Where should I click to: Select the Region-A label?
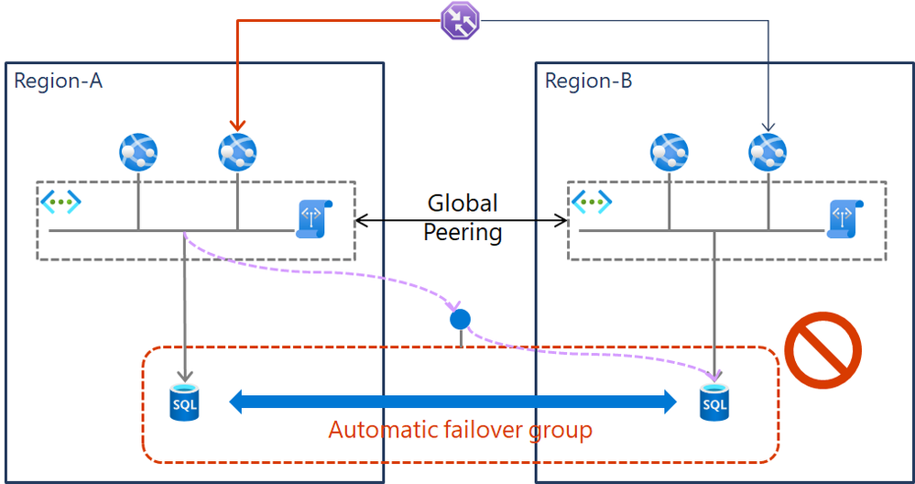[58, 81]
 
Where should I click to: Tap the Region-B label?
[588, 81]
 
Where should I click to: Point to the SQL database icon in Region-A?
[184, 401]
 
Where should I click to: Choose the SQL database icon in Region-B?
[714, 401]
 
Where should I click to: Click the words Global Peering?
[462, 217]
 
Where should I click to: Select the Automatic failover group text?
[460, 429]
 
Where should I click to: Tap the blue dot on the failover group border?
[460, 320]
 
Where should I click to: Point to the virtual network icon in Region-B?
[592, 201]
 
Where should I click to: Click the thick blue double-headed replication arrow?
[451, 401]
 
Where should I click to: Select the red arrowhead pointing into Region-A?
[238, 125]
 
